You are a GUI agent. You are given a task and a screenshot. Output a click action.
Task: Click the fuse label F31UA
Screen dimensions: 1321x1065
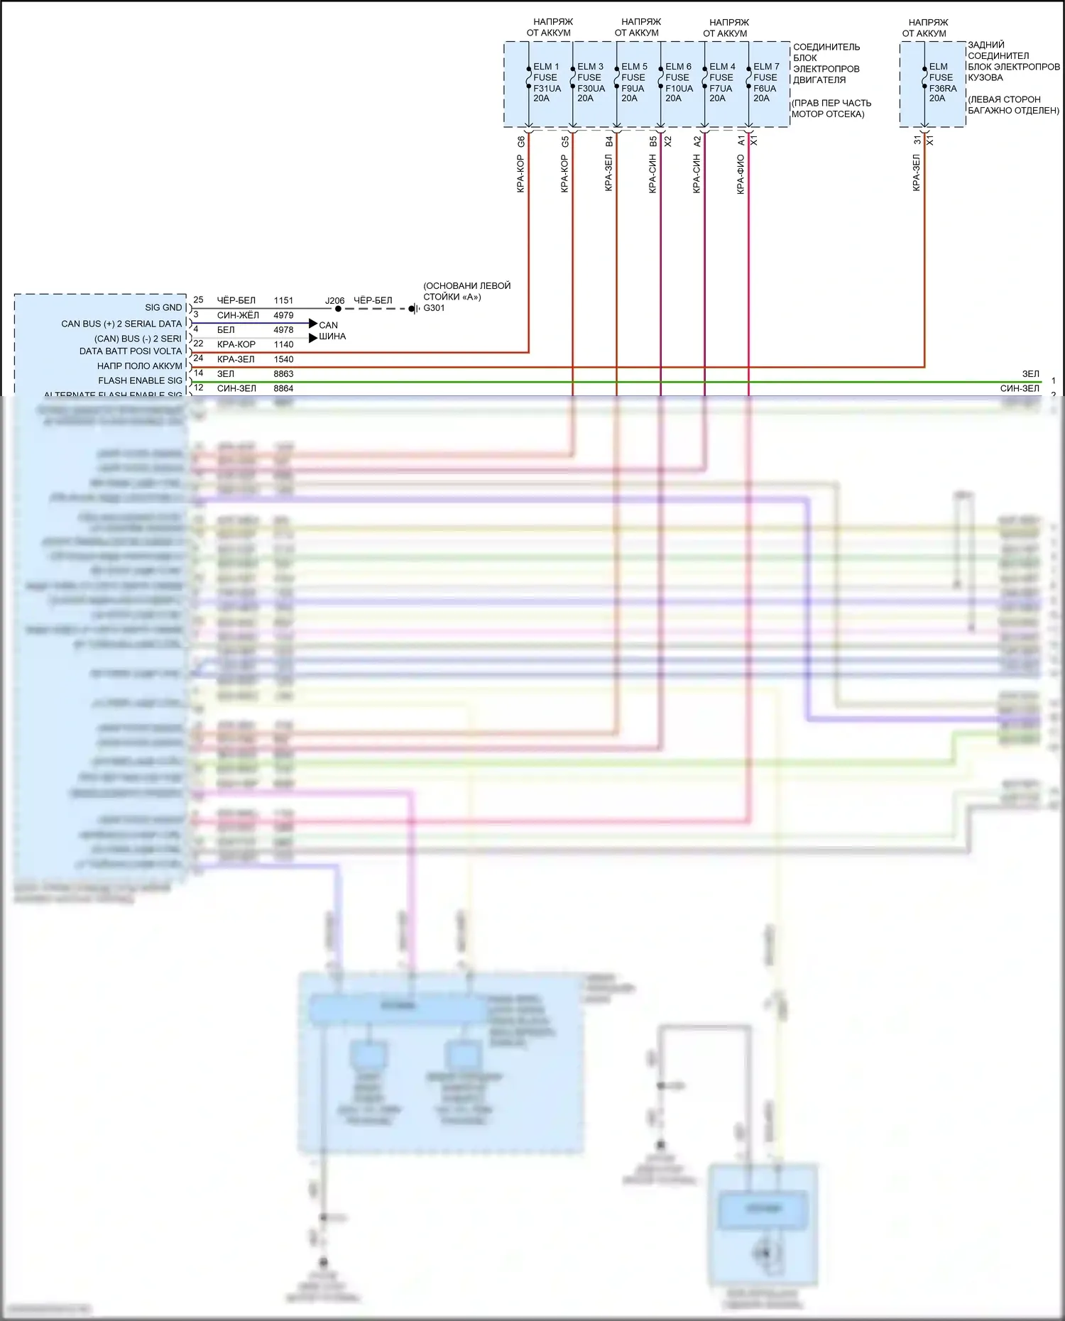click(547, 89)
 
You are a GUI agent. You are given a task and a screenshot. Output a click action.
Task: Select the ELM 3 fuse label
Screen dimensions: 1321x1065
click(590, 67)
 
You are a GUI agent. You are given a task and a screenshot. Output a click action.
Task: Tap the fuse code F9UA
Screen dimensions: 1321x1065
click(633, 89)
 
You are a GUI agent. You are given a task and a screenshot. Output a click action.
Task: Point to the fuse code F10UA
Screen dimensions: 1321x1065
click(679, 89)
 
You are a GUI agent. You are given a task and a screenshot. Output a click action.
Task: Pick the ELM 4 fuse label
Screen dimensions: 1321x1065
click(722, 67)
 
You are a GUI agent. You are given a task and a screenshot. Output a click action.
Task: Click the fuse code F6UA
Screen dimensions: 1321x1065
click(765, 89)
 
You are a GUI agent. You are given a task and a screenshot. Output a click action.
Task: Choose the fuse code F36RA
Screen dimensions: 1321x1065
click(943, 89)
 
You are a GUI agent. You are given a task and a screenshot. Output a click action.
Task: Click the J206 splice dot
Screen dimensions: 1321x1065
click(338, 309)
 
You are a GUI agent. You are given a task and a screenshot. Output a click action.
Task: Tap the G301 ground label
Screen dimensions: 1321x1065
click(434, 308)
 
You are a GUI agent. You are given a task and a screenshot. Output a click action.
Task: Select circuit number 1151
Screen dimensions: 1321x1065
click(283, 300)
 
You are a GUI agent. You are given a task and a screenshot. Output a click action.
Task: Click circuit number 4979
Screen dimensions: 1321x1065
click(283, 315)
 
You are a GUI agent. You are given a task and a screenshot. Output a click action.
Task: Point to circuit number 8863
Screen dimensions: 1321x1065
click(283, 374)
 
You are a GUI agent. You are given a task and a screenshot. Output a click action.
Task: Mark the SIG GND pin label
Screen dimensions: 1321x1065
click(163, 307)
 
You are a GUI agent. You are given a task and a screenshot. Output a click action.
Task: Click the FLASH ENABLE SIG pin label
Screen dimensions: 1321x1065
click(140, 380)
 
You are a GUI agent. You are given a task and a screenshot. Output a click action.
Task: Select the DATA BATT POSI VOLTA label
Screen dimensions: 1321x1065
click(131, 351)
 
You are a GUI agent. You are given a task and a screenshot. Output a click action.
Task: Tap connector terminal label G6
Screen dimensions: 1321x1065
click(520, 142)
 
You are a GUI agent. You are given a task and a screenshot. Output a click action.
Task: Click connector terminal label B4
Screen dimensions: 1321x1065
click(608, 142)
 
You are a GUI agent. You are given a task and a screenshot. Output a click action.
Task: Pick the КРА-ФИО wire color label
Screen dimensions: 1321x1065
click(741, 174)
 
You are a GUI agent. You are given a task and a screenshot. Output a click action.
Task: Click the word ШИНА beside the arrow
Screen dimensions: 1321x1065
click(332, 336)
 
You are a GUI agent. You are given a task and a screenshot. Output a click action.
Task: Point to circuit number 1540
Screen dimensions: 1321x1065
click(283, 359)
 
